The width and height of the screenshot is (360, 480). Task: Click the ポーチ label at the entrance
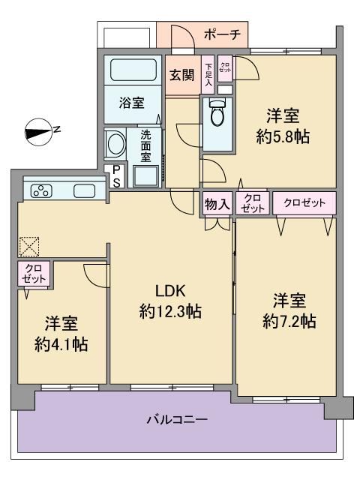[x=222, y=34]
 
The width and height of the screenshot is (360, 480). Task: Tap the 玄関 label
[x=182, y=75]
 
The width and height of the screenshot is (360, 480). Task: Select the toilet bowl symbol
[x=217, y=112]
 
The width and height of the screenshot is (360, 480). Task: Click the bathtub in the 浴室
[x=133, y=70]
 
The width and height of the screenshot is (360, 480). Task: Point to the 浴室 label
[x=132, y=103]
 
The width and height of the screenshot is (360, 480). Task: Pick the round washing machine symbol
[x=115, y=143]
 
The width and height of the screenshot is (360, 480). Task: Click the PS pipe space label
[x=116, y=176]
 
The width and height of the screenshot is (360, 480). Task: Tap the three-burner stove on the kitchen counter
[x=41, y=191]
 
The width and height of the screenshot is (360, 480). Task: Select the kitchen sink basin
[x=84, y=191]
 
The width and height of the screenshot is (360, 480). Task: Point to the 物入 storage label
[x=217, y=203]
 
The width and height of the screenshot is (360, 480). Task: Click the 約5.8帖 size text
[x=283, y=136]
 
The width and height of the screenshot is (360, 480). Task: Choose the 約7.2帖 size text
[x=289, y=322]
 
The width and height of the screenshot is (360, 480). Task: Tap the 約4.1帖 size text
[x=61, y=344]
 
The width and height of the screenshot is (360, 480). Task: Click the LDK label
[x=170, y=291]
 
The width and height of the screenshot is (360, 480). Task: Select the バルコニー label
[x=177, y=419]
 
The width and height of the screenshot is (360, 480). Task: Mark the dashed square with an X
[x=29, y=247]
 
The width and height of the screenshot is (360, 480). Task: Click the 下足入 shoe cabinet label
[x=208, y=74]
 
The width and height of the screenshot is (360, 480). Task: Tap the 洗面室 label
[x=145, y=146]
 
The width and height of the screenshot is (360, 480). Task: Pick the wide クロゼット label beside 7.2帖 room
[x=304, y=202]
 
